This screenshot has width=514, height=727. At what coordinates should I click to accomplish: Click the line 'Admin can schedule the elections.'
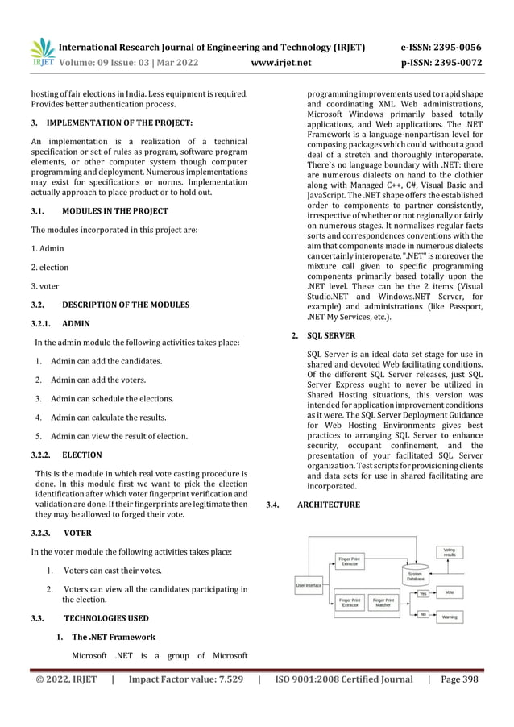point(112,399)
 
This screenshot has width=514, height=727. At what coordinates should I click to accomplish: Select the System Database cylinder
point(415,573)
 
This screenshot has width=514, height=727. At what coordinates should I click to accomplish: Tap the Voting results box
point(450,552)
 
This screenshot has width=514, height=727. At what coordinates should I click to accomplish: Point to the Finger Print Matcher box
point(383,602)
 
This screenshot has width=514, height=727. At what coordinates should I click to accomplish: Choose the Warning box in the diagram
point(450,617)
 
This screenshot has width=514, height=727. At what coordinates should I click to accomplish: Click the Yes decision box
point(423,593)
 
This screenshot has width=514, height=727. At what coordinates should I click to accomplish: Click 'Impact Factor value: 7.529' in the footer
point(186,680)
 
